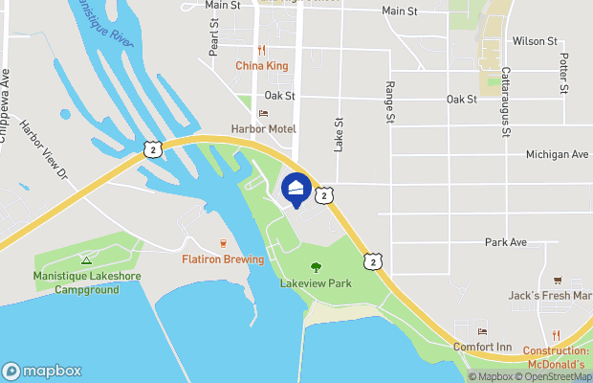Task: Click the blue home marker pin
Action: click(x=296, y=188)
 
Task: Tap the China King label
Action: click(x=262, y=66)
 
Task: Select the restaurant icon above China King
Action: click(x=260, y=50)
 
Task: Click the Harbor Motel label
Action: click(x=263, y=128)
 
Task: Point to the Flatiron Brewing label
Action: click(x=223, y=259)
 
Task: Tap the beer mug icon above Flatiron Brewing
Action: click(x=223, y=243)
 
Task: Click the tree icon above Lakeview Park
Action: click(x=316, y=267)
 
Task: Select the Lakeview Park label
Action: click(x=316, y=283)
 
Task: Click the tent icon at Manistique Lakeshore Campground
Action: click(x=86, y=259)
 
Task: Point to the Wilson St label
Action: click(x=535, y=41)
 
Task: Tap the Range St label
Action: click(x=390, y=101)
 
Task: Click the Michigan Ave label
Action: click(x=557, y=154)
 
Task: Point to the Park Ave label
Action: click(x=506, y=242)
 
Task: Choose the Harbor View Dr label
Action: click(x=45, y=152)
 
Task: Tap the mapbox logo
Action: click(x=42, y=372)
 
